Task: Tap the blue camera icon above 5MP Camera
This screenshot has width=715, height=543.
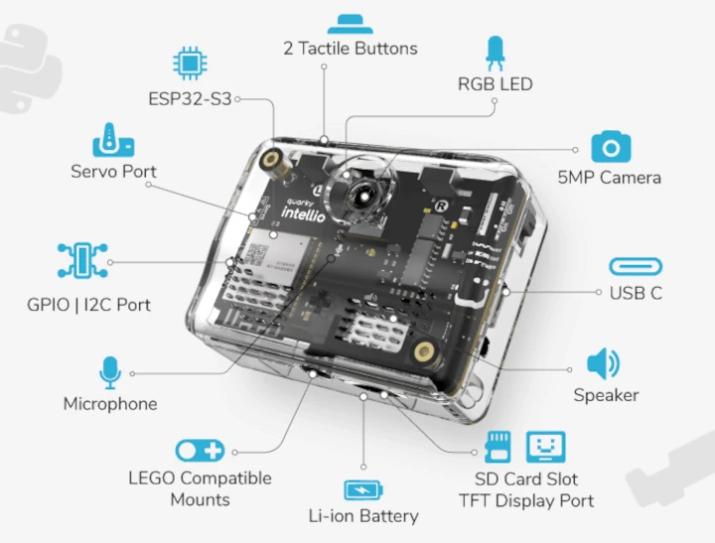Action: tap(611, 147)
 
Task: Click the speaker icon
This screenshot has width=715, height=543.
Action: tap(604, 364)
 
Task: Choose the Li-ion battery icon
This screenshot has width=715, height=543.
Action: tap(362, 489)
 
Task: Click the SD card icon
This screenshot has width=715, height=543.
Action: tap(499, 448)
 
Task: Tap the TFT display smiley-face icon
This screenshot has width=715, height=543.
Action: tap(544, 448)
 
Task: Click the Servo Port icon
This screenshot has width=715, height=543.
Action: tap(112, 141)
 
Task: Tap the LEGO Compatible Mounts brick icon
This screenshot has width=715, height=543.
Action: tap(200, 451)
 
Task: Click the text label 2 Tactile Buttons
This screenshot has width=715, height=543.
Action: tap(350, 48)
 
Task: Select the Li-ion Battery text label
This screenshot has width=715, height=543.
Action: tap(362, 515)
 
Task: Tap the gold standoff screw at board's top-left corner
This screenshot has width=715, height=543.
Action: tap(270, 157)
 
